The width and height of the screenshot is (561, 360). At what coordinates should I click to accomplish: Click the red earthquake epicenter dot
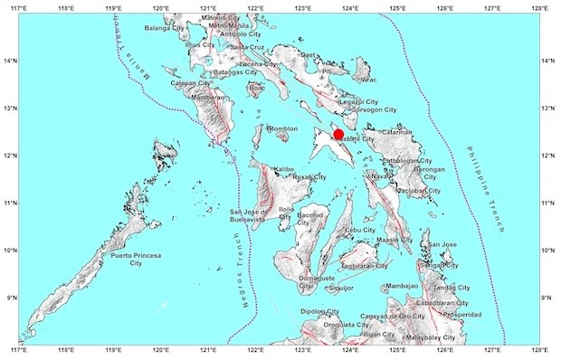[338, 135]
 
